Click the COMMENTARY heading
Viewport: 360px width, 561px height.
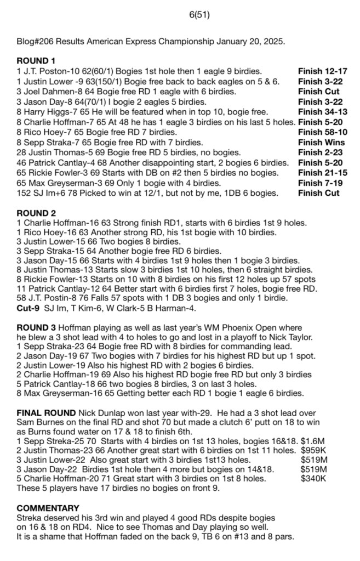(x=48, y=507)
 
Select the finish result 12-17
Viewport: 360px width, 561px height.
(x=335, y=71)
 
